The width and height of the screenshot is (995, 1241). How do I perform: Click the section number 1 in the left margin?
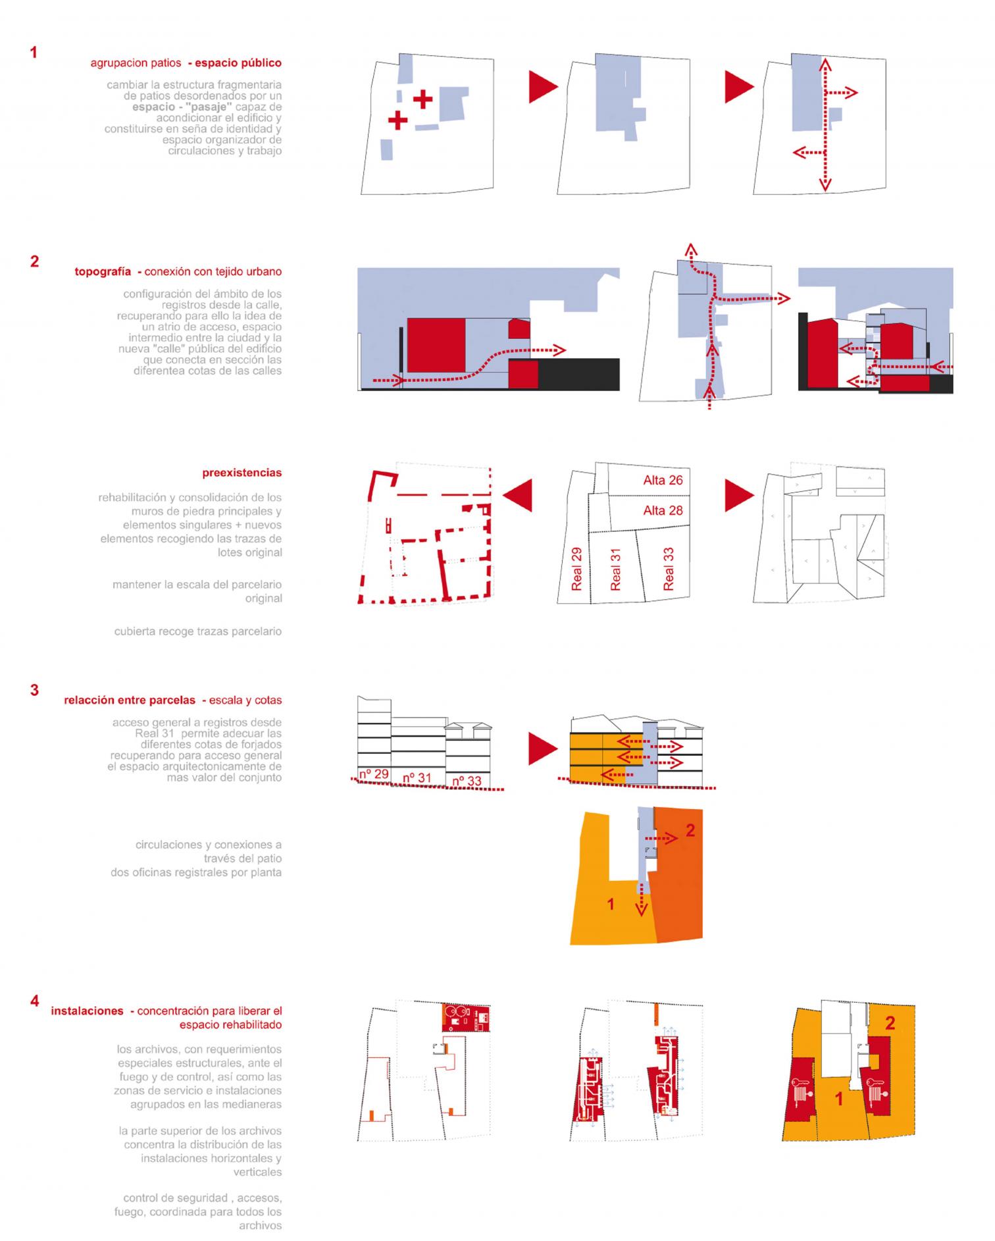point(34,53)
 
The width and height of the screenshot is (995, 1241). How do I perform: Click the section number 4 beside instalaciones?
point(34,1001)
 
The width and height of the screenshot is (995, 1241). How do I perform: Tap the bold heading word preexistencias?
point(242,473)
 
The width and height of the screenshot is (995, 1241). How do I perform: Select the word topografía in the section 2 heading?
point(103,271)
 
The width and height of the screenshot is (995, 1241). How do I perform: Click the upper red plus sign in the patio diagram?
point(422,99)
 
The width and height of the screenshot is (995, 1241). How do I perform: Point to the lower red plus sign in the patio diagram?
point(397,120)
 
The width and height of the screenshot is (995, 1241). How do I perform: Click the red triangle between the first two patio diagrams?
point(543,87)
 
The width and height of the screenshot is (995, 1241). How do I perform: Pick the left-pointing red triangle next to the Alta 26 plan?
point(517,495)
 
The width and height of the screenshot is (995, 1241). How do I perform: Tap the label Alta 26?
point(663,481)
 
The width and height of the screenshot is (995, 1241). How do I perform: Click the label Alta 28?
point(663,510)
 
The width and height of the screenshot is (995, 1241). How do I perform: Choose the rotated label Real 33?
point(669,569)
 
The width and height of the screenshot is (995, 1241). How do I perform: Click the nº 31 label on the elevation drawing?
point(416,778)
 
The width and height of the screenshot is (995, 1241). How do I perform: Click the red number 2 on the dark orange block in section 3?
point(690,830)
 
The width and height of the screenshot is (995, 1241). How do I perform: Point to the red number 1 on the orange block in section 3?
point(610,905)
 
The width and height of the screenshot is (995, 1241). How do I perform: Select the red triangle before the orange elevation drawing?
point(543,749)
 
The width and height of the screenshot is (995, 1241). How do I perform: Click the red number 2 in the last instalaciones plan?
point(890,1022)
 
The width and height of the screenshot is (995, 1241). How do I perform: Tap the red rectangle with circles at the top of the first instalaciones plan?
point(466,1018)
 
